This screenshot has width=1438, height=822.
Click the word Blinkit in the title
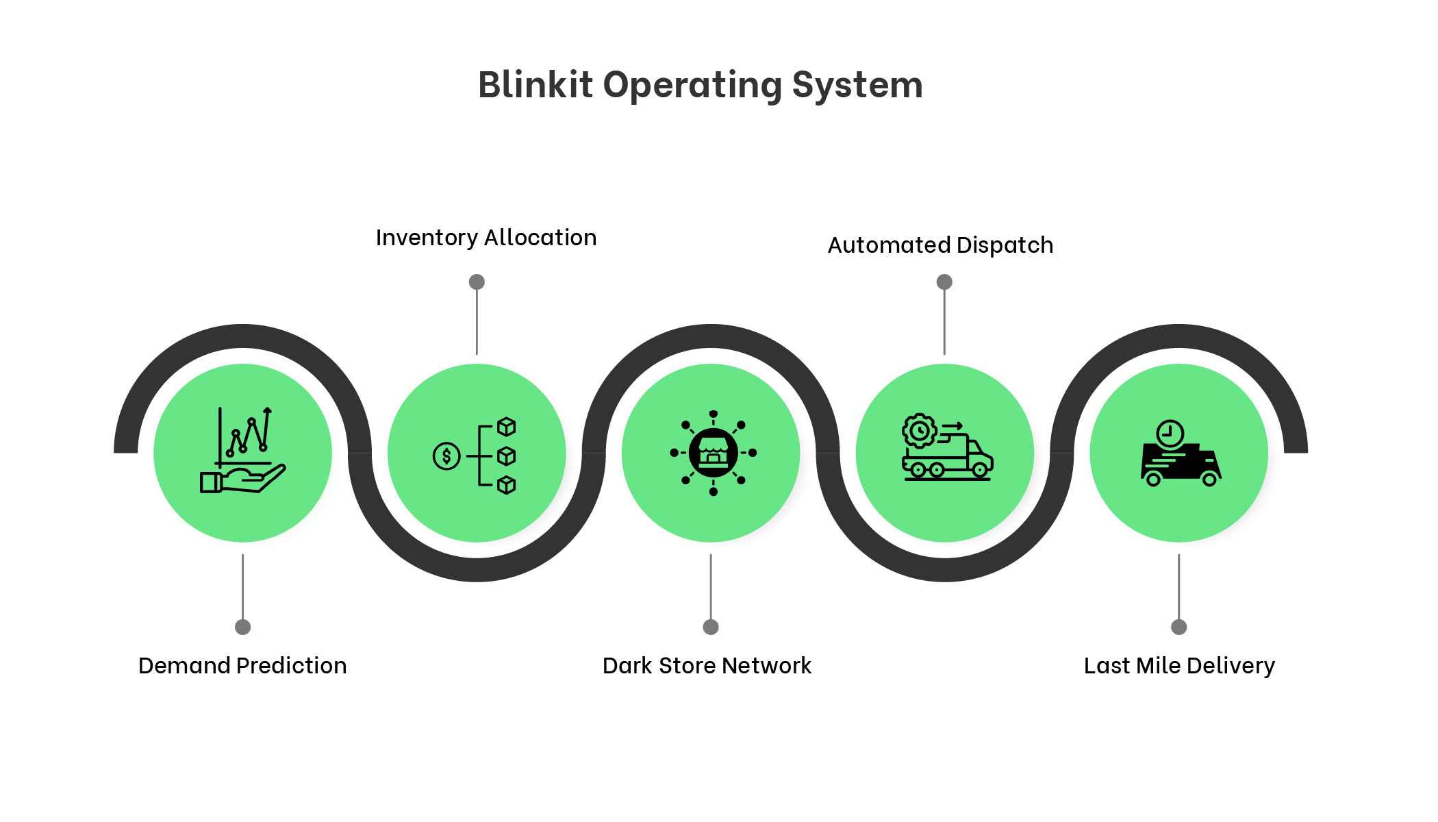535,85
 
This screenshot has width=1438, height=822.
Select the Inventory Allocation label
486,238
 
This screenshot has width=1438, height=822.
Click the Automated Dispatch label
940,245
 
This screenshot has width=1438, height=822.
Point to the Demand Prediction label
242,666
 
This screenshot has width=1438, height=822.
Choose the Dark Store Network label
707,666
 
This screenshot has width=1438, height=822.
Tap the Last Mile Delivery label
1179,666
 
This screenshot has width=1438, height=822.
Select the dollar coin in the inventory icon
446,456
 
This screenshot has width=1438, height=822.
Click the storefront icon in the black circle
713,453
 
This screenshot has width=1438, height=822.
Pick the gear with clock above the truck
919,431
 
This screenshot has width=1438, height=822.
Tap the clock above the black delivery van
1170,434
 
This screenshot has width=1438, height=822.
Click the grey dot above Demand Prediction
242,627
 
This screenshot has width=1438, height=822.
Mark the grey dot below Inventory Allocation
477,282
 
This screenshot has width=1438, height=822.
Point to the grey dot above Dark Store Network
711,627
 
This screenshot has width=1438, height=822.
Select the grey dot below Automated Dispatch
944,282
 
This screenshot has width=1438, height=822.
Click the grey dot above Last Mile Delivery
1178,627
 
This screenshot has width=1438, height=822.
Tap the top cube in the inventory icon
506,427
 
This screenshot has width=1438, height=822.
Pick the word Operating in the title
692,86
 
